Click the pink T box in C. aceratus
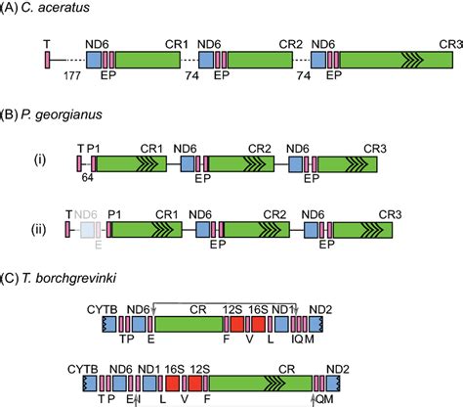point(46,57)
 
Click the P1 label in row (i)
point(94,147)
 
